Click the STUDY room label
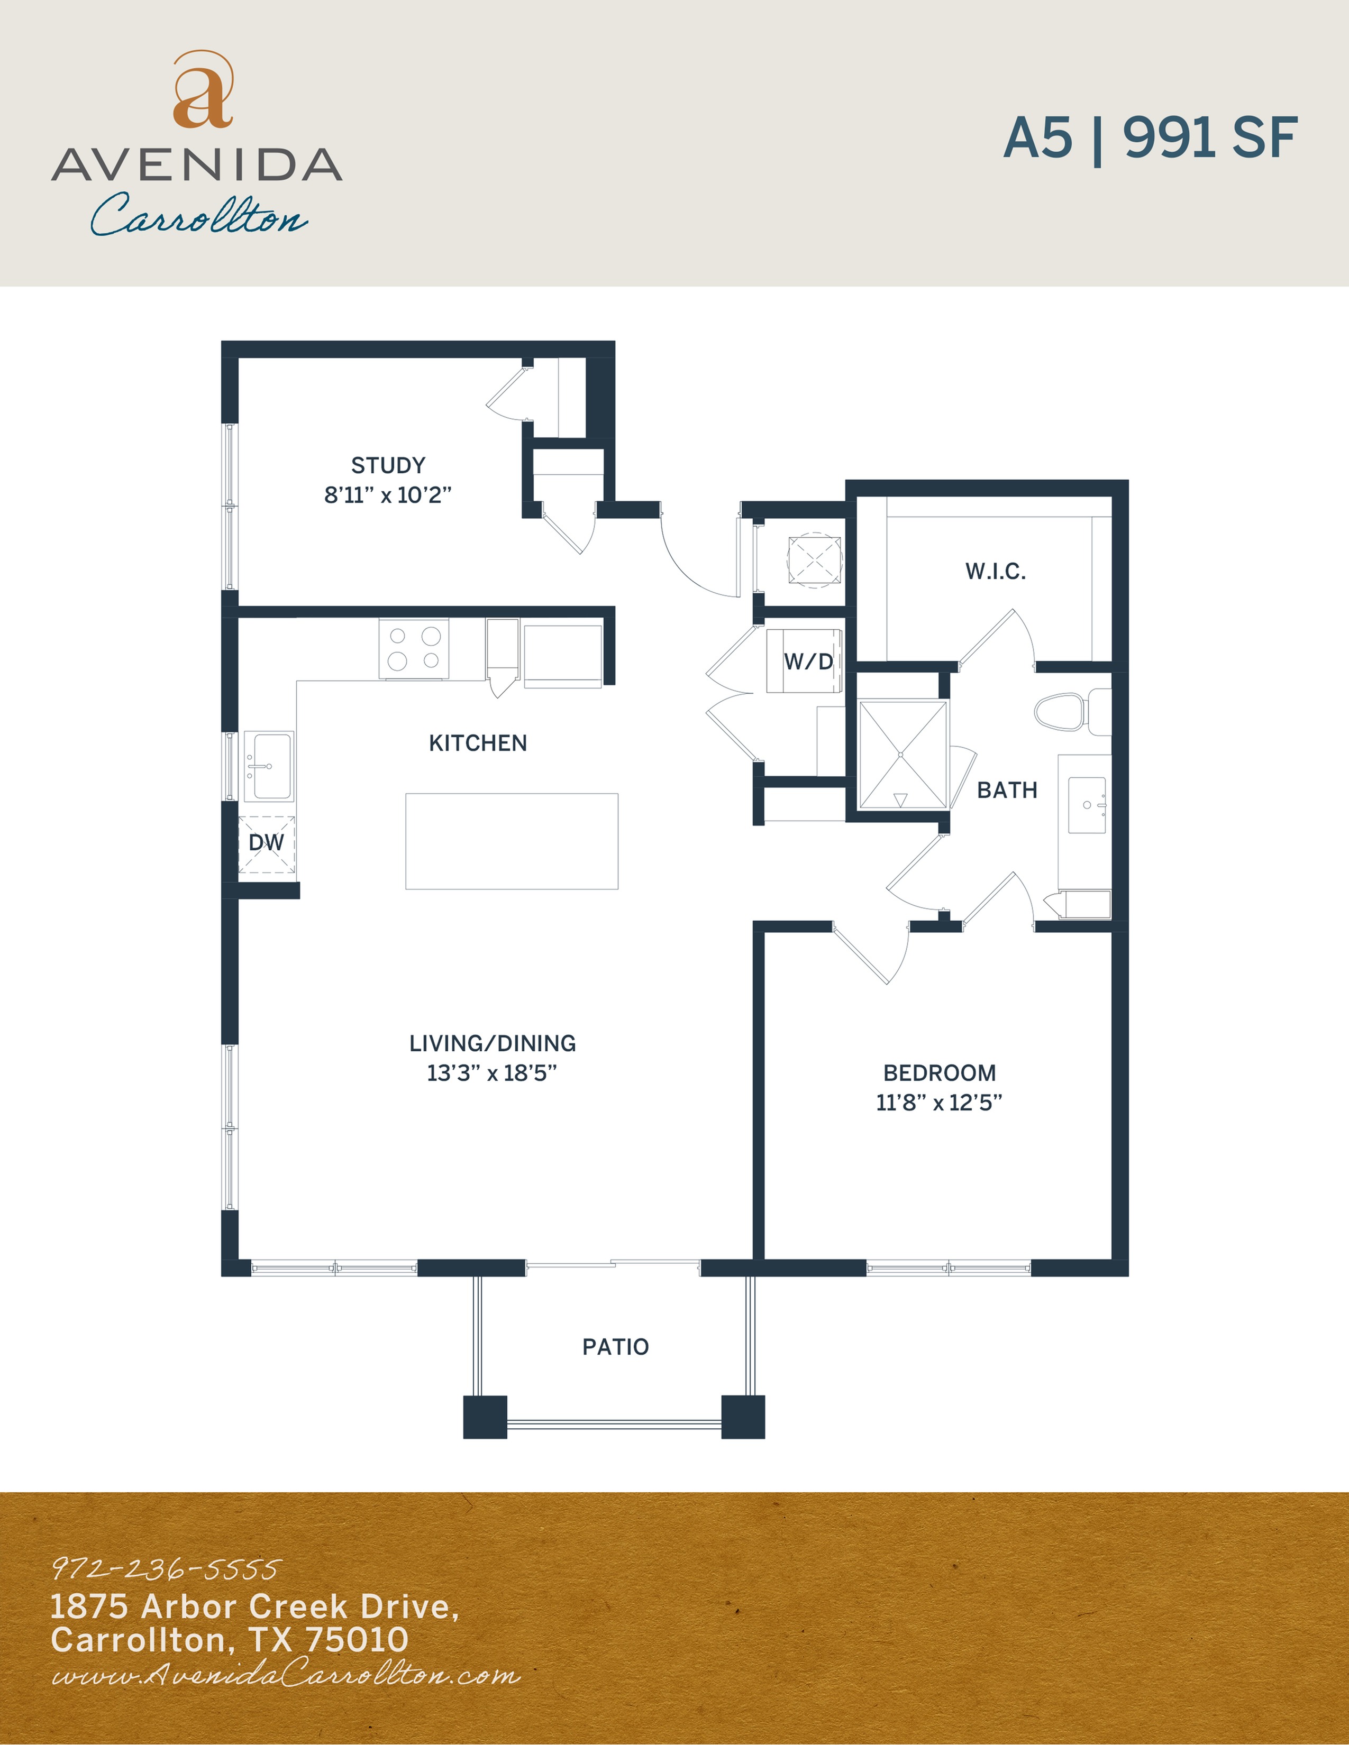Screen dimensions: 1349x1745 point(388,465)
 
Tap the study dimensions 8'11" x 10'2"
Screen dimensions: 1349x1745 point(388,495)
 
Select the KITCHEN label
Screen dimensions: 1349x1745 point(478,743)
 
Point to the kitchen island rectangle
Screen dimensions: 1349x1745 point(512,841)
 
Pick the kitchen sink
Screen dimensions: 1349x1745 point(269,766)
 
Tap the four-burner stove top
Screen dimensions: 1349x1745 point(414,648)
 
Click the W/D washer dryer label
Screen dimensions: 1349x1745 point(808,662)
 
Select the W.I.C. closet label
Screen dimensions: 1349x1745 point(996,571)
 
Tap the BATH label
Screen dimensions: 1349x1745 point(1007,790)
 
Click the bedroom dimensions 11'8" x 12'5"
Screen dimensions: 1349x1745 point(939,1103)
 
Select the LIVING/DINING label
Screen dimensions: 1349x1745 point(493,1043)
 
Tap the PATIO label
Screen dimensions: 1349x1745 point(615,1347)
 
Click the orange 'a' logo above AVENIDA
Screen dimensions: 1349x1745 point(203,89)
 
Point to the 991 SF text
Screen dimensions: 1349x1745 point(1210,137)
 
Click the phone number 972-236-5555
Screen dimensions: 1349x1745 point(166,1569)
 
